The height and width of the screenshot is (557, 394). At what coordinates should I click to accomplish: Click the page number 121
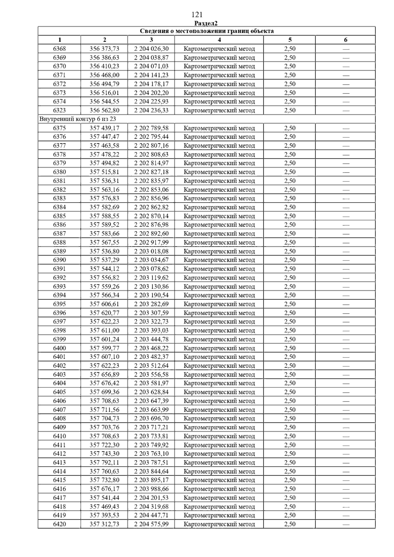(x=197, y=15)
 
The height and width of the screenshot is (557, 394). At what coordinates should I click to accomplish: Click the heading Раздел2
(x=206, y=23)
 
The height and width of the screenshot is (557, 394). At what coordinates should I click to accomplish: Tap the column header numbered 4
(x=219, y=40)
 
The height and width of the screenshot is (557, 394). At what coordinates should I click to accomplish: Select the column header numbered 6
(x=345, y=40)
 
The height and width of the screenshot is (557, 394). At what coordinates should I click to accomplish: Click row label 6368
(x=59, y=49)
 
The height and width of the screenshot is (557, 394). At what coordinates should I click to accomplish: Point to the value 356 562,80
(x=104, y=111)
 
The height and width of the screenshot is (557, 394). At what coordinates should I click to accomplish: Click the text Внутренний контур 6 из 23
(x=78, y=119)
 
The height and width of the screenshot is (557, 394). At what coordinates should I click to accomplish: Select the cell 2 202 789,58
(x=151, y=128)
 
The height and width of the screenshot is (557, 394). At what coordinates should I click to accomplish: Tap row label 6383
(x=59, y=198)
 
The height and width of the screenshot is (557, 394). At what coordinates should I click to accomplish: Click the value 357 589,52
(x=104, y=225)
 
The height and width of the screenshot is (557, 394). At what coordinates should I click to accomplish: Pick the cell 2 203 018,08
(x=151, y=251)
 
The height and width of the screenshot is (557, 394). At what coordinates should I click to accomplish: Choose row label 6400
(x=59, y=348)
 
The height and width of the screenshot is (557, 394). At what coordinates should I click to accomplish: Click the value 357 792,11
(x=104, y=463)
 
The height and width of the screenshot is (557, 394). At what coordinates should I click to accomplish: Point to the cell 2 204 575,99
(x=151, y=524)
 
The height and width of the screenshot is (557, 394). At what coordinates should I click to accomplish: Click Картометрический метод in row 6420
(x=219, y=524)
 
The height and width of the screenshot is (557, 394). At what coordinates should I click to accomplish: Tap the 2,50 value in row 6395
(x=290, y=304)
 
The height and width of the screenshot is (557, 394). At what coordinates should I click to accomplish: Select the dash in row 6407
(x=346, y=410)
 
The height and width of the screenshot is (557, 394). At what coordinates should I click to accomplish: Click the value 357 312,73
(x=104, y=524)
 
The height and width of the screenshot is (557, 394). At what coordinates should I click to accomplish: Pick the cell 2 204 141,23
(x=151, y=75)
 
